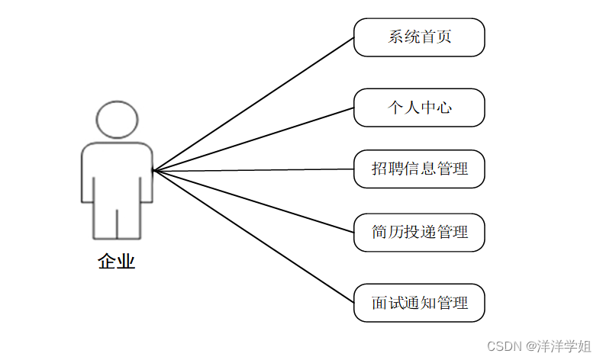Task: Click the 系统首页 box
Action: coord(419,37)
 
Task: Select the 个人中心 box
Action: coord(419,108)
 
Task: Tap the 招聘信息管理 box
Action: coord(419,169)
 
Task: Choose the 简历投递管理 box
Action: coord(419,232)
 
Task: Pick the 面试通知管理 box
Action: coord(419,303)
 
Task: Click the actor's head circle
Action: coord(118,119)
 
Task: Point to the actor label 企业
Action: coord(117,262)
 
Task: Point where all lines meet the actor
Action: coord(153,170)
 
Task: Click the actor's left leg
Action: coord(105,220)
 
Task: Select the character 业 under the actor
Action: coord(127,262)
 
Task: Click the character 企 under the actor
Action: coord(107,262)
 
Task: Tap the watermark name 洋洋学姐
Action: coord(564,346)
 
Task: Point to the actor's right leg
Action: coord(129,220)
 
